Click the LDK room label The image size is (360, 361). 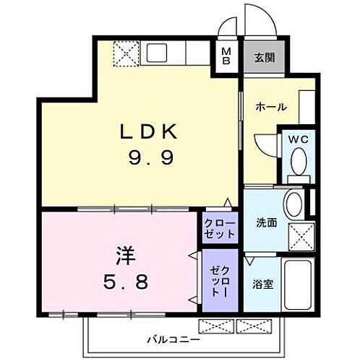coord(148,132)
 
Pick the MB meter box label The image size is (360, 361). coord(226,56)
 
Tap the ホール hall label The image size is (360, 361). coord(271,108)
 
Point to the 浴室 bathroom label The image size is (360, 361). coord(263,284)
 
